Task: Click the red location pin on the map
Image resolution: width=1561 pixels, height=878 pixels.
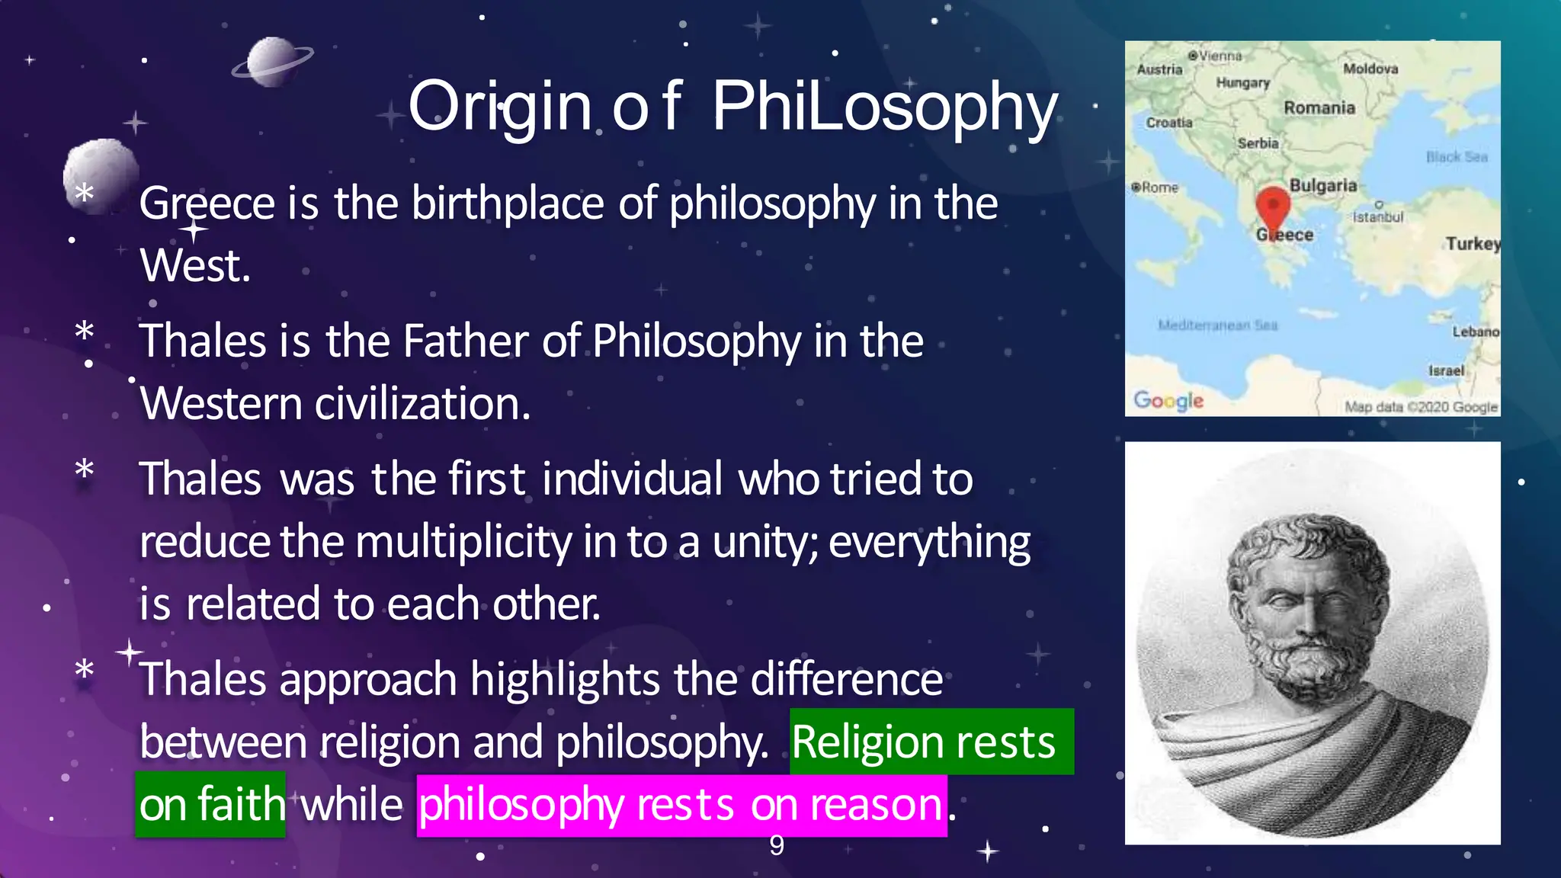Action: tap(1272, 205)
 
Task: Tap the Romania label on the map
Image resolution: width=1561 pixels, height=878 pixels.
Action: tap(1319, 108)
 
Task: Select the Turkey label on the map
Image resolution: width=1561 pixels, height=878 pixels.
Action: tap(1473, 244)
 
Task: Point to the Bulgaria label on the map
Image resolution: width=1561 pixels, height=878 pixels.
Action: tap(1323, 186)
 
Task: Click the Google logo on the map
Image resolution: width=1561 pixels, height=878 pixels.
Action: tap(1168, 400)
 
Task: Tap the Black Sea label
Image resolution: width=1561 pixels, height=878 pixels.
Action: tap(1457, 157)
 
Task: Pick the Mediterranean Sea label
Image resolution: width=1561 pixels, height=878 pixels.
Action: tap(1217, 325)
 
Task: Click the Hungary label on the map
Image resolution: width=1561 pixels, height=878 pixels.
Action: tap(1242, 83)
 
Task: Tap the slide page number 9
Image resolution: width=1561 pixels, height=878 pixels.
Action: tap(776, 845)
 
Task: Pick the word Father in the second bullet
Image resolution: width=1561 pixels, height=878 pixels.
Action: tap(466, 341)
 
